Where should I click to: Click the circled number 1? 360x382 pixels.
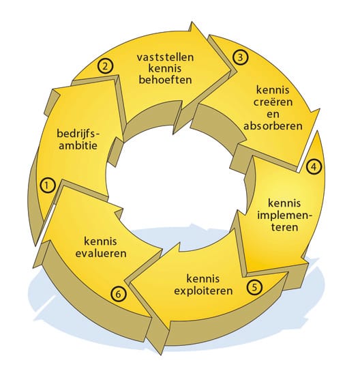pyautogui.click(x=47, y=186)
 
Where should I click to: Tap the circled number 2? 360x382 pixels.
pyautogui.click(x=105, y=66)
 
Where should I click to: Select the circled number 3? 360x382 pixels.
pyautogui.click(x=241, y=57)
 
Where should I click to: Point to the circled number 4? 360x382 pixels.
pyautogui.click(x=314, y=166)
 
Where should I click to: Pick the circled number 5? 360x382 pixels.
pyautogui.click(x=254, y=286)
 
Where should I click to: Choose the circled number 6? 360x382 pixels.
pyautogui.click(x=119, y=294)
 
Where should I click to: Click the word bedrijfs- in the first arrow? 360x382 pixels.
pyautogui.click(x=78, y=134)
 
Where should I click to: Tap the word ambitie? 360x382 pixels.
pyautogui.click(x=78, y=145)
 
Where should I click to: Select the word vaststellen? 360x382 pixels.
pyautogui.click(x=166, y=57)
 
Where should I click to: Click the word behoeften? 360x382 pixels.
pyautogui.click(x=166, y=80)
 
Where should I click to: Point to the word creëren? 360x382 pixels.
pyautogui.click(x=273, y=102)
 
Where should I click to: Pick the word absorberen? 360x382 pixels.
pyautogui.click(x=273, y=126)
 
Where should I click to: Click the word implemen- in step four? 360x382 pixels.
pyautogui.click(x=285, y=215)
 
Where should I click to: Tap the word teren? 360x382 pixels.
pyautogui.click(x=285, y=227)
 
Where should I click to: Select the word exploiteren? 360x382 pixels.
pyautogui.click(x=203, y=291)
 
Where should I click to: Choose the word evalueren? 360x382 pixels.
pyautogui.click(x=101, y=254)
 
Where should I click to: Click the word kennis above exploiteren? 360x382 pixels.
pyautogui.click(x=203, y=279)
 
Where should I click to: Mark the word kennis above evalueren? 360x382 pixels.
pyautogui.click(x=101, y=241)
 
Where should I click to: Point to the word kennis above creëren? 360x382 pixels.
pyautogui.click(x=273, y=90)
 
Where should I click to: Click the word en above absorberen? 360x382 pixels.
pyautogui.click(x=273, y=115)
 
